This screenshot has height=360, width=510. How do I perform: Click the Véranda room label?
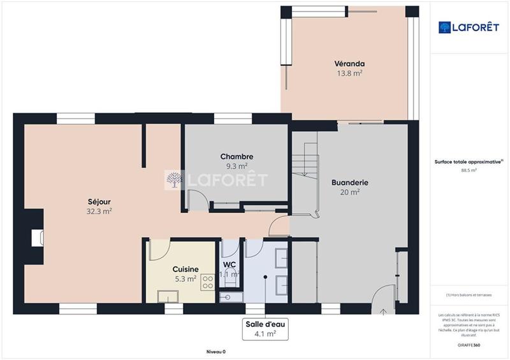tap(349, 64)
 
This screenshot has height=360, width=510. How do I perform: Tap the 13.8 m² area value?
tap(349, 73)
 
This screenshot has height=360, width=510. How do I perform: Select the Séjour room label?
tap(99, 201)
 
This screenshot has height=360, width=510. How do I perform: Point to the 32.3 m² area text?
tap(99, 211)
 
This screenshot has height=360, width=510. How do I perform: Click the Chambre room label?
tap(237, 157)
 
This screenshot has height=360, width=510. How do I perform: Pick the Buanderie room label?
tap(350, 182)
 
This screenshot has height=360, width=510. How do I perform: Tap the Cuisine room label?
tap(186, 269)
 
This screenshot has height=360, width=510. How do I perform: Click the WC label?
tap(229, 265)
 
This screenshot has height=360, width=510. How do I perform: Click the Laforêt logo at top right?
tap(469, 27)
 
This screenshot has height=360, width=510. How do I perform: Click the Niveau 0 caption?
tap(216, 352)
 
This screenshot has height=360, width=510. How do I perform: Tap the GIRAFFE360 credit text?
tap(469, 345)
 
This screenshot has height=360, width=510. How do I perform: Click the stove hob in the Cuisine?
tap(208, 282)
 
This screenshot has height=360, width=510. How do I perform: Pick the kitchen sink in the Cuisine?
tap(169, 296)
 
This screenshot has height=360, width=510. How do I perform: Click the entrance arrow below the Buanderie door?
tap(383, 312)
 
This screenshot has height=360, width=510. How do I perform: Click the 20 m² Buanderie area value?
tap(350, 192)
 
